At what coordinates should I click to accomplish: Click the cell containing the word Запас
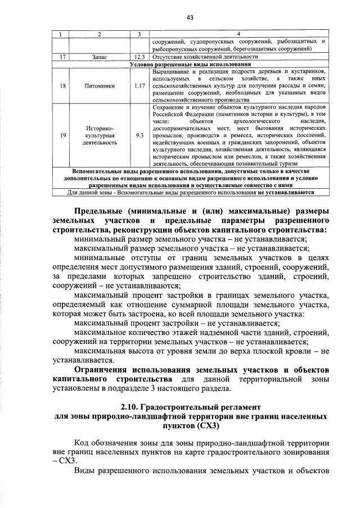[99, 57]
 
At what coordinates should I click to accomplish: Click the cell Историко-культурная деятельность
[99, 135]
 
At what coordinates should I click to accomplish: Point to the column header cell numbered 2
[99, 35]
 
